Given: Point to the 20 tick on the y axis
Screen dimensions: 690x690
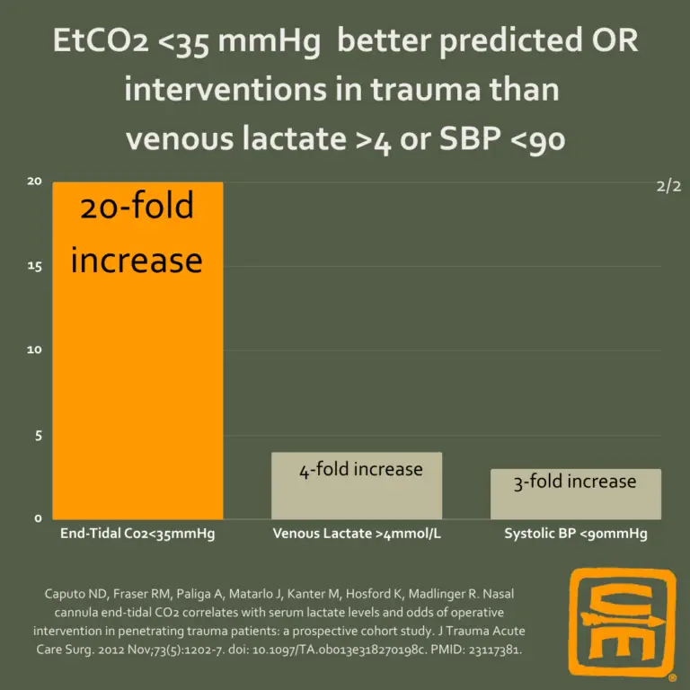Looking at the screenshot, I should (35, 181).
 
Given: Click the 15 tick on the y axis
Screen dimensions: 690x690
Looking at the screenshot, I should (35, 267).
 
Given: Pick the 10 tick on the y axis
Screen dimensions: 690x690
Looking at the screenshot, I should (35, 349).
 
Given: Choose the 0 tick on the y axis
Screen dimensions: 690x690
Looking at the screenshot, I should (38, 518).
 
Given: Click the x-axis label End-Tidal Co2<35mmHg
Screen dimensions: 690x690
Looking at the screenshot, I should (137, 534).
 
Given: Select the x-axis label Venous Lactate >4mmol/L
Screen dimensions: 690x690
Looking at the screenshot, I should (357, 534).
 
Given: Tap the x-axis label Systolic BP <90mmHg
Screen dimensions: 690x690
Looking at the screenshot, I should (575, 534).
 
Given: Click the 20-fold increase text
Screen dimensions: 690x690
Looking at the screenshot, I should (137, 233).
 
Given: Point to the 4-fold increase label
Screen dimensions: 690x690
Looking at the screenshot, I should (361, 469).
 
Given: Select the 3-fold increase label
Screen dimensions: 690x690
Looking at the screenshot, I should (575, 482).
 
